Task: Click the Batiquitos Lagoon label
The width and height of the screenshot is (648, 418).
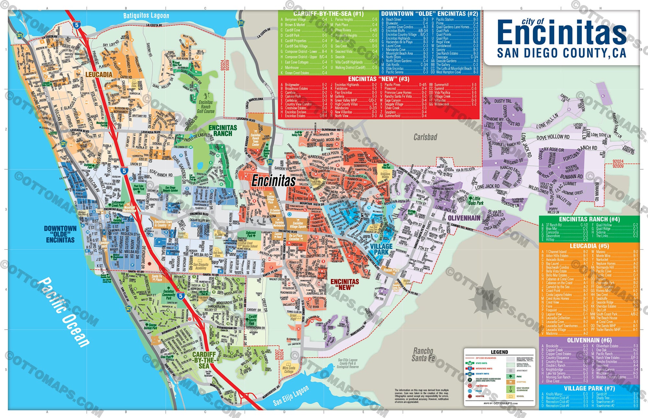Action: tap(146, 16)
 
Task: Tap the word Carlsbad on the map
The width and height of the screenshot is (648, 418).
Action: tap(425, 137)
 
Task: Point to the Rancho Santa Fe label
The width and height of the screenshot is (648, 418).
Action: tap(423, 354)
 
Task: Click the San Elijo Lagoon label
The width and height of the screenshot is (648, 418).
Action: tap(291, 396)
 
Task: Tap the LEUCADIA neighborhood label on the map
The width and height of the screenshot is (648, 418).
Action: tap(99, 75)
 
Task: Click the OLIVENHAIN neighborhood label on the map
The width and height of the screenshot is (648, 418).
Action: tap(464, 218)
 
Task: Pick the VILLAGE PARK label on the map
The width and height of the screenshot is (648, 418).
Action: tap(381, 249)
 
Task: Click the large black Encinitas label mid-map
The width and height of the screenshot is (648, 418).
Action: tap(273, 181)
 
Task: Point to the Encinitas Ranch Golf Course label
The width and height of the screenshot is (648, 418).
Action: tap(206, 107)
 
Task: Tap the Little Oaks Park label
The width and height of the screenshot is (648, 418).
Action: tap(476, 201)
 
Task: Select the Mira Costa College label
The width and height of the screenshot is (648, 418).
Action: tap(289, 370)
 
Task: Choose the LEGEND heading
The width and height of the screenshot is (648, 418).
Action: tap(499, 352)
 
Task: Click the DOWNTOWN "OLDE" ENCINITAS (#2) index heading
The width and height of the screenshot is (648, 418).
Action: tap(429, 14)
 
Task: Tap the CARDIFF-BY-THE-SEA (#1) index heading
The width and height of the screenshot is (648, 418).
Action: tap(328, 14)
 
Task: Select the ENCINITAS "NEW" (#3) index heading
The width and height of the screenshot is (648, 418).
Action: tap(378, 79)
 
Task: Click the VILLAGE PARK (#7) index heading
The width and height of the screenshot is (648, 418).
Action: tap(589, 388)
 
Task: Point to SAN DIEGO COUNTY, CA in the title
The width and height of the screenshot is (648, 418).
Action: tap(561, 53)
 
